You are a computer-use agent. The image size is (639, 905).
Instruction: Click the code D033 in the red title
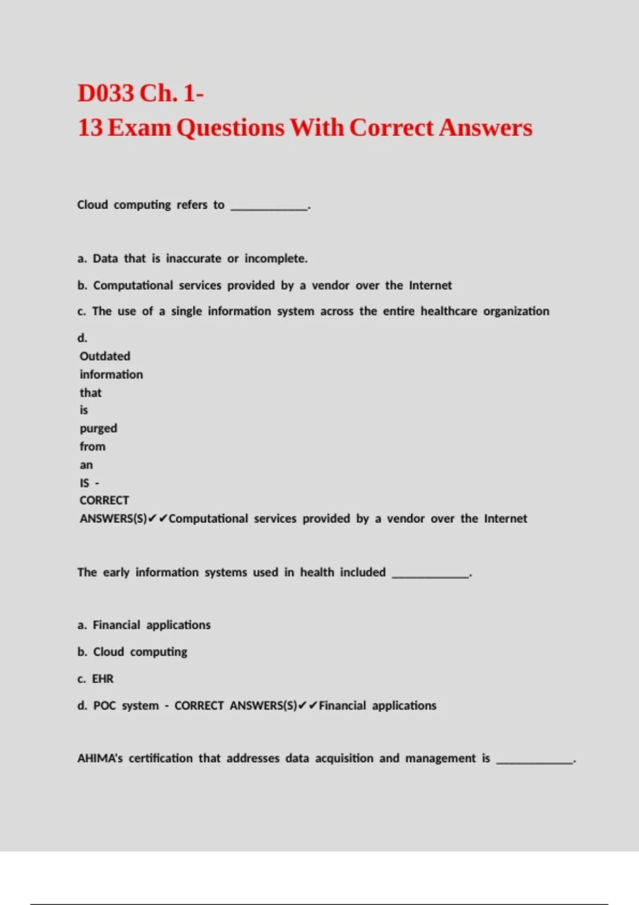105,93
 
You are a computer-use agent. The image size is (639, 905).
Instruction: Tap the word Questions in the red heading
230,128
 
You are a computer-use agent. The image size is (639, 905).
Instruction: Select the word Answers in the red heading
485,128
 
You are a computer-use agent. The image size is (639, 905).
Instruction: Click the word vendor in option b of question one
330,285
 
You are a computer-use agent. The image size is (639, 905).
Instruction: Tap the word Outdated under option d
105,356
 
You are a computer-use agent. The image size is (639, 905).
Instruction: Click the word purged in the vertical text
99,429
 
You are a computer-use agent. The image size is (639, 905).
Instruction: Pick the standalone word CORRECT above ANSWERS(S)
104,500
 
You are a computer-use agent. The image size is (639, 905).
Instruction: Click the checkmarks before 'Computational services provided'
158,519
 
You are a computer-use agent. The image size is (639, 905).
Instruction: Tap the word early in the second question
116,572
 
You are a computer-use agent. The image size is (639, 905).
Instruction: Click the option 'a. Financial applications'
144,625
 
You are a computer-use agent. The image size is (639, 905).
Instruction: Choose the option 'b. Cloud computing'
132,652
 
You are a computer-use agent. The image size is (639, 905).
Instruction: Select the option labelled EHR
102,679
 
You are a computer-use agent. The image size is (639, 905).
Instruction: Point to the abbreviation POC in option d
104,706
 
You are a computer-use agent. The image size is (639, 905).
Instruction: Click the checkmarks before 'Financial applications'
308,706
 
